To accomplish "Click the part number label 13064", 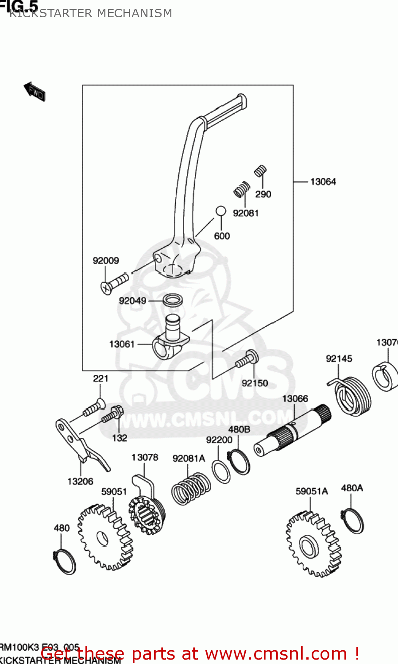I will (323, 181).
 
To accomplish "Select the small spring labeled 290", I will (260, 171).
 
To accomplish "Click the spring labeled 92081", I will (241, 189).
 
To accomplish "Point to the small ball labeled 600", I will (220, 211).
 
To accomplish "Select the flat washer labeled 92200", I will (221, 471).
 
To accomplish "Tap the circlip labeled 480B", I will (239, 462).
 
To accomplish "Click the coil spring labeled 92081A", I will (190, 489).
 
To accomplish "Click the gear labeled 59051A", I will (313, 544).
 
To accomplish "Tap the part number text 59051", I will (114, 492).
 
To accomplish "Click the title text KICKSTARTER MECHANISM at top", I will (91, 13).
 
